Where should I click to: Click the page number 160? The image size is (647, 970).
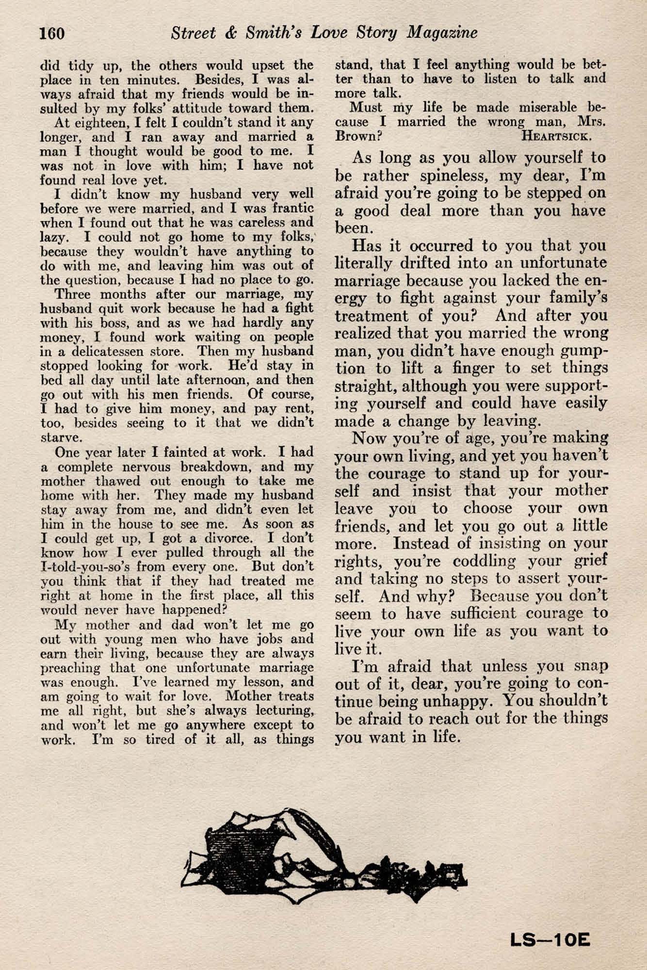point(51,33)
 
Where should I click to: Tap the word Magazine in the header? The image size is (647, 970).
point(442,32)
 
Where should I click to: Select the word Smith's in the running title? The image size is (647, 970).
point(262,32)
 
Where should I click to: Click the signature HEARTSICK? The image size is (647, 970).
point(556,136)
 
